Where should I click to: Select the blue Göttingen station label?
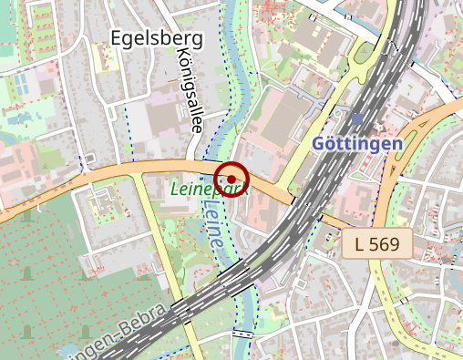click(x=356, y=144)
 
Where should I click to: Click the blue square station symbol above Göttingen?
click(x=356, y=119)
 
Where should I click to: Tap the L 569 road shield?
click(x=377, y=243)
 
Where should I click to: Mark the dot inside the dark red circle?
click(x=231, y=178)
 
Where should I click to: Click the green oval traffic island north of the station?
click(x=365, y=54)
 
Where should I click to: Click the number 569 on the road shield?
click(x=386, y=243)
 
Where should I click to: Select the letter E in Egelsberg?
click(x=115, y=37)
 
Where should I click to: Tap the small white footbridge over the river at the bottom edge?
click(x=242, y=334)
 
